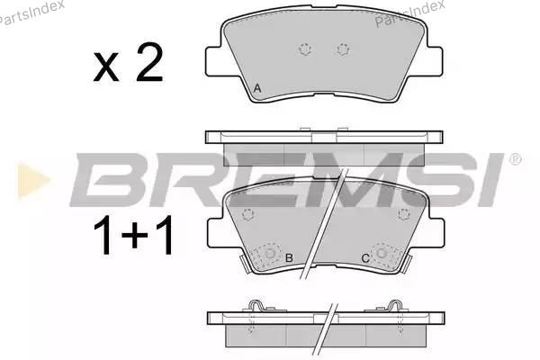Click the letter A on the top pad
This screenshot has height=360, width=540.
[x=256, y=88]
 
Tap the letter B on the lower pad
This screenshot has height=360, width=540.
[x=289, y=257]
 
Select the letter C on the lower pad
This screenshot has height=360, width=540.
[x=365, y=257]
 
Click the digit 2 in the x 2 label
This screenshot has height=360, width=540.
[x=149, y=63]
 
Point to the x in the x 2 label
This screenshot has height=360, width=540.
[x=106, y=67]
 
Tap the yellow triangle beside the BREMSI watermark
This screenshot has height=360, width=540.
[x=32, y=180]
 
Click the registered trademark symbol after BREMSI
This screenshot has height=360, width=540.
[x=515, y=159]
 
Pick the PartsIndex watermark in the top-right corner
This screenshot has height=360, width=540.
[x=409, y=13]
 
